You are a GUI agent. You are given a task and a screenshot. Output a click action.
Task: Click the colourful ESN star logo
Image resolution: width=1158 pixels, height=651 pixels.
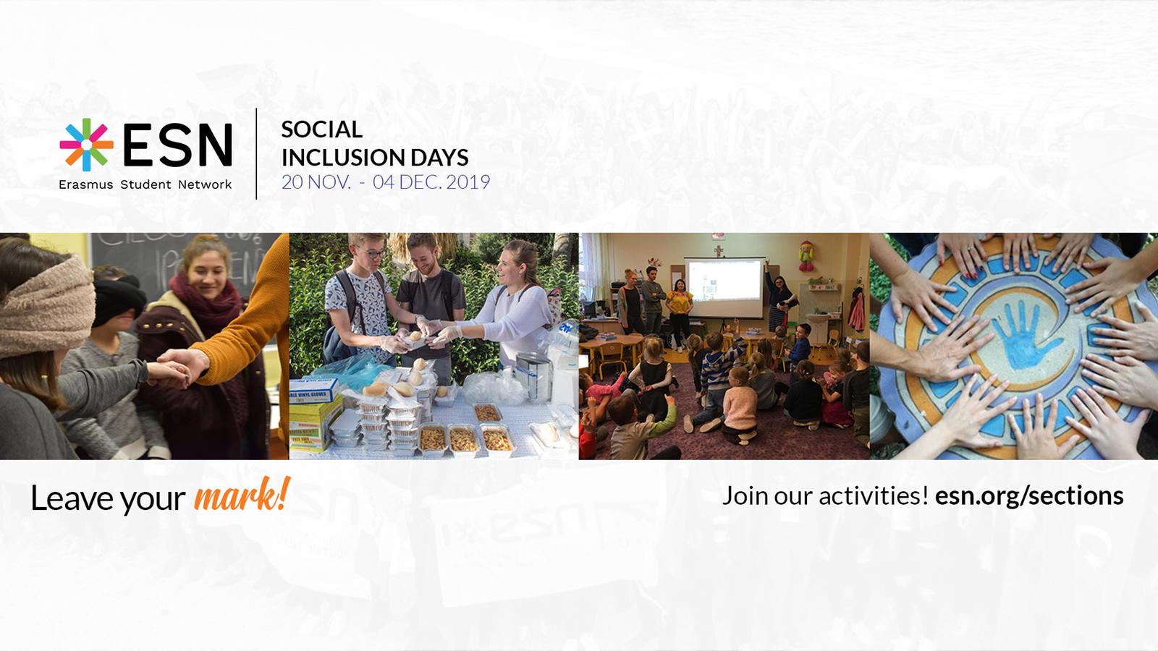(x=86, y=145)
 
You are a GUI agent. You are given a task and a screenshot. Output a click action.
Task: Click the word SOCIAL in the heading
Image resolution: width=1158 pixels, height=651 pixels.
(x=321, y=129)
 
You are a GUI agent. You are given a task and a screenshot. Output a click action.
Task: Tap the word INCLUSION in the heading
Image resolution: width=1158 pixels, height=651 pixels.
(x=343, y=157)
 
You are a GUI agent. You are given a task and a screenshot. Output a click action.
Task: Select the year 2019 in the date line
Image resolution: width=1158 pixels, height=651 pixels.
(x=468, y=182)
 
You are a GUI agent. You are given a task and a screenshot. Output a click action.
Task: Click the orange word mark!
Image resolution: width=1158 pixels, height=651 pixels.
(x=242, y=495)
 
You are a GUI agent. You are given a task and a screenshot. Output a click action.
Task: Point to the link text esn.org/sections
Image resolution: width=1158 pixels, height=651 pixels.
(x=1029, y=496)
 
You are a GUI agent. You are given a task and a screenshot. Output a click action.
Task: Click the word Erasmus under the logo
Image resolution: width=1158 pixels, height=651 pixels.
(x=86, y=184)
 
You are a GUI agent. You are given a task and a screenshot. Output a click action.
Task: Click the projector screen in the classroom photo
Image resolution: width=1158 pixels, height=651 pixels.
(x=724, y=287)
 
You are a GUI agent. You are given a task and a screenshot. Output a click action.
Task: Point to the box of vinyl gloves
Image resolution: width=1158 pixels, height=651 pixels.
(x=313, y=391)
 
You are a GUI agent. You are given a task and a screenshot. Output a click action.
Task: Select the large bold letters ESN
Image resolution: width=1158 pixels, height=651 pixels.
(x=177, y=145)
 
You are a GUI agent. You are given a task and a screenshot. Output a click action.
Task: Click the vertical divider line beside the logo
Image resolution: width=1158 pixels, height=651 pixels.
(x=256, y=153)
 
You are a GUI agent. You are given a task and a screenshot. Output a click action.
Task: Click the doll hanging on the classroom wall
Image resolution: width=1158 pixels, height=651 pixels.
(x=806, y=256)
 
